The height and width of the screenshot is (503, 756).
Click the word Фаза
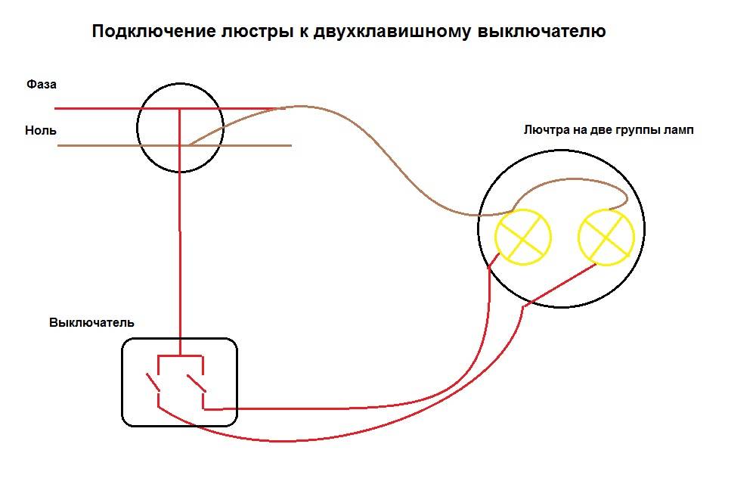pos(42,85)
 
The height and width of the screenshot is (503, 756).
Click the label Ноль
pos(41,130)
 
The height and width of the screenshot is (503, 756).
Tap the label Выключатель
pos(91,322)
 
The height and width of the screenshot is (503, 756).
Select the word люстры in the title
pos(257,32)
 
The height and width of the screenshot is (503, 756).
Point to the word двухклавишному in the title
pos(392,32)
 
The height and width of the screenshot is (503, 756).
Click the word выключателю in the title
pos(541,31)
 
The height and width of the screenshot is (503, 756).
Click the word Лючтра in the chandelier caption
pos(546,130)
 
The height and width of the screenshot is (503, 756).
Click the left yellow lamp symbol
pos(522,237)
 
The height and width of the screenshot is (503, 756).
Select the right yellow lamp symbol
pos(606,238)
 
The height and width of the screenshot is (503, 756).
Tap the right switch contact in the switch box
pos(197,383)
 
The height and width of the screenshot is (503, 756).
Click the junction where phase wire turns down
pos(180,108)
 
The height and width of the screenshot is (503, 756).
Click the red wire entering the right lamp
pos(559,285)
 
